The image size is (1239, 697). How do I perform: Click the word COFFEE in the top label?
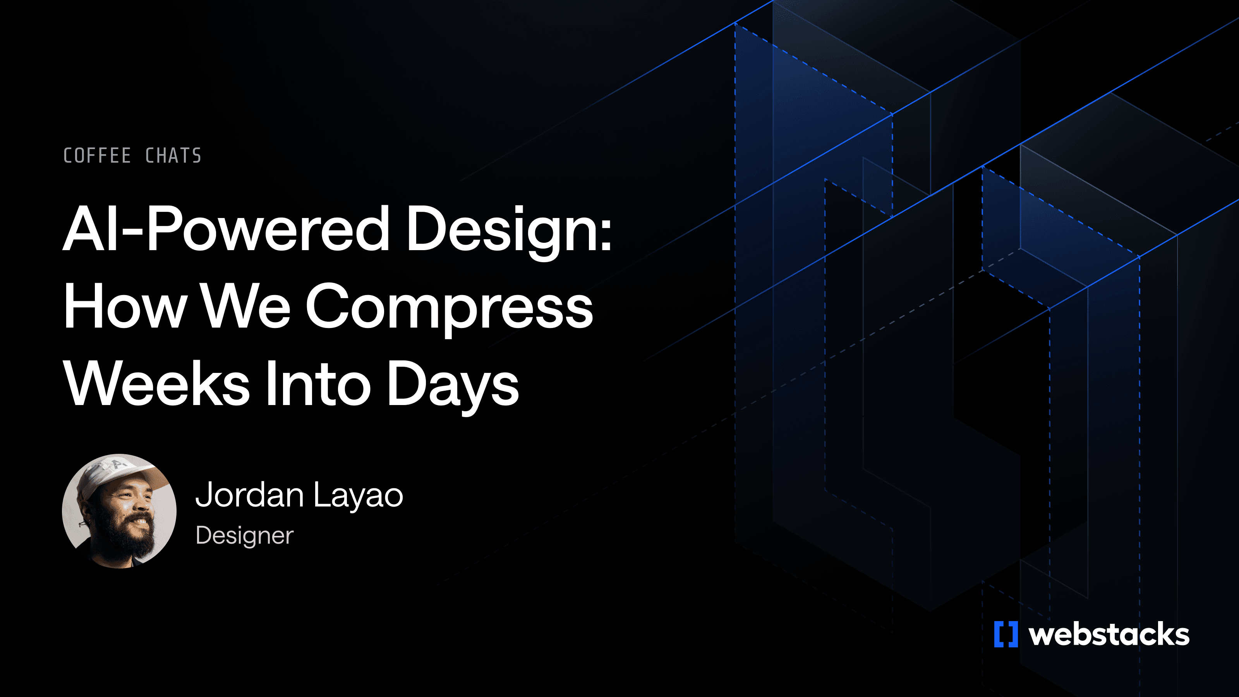[97, 156]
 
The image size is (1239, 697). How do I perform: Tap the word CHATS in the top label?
[173, 156]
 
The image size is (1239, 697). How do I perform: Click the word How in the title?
[125, 306]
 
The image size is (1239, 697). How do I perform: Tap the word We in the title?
[245, 306]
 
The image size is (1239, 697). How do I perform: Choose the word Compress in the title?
[449, 308]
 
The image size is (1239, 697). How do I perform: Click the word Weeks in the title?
[157, 383]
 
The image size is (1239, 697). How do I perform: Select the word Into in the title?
[318, 383]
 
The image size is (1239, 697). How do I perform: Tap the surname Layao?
[358, 496]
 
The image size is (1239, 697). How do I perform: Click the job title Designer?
[244, 536]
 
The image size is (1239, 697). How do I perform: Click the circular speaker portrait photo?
[119, 511]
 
